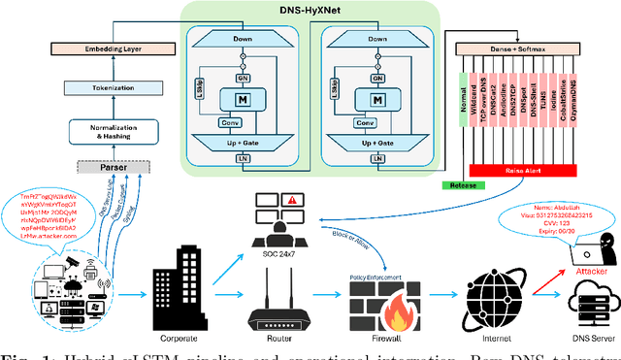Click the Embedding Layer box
click(94, 46)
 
